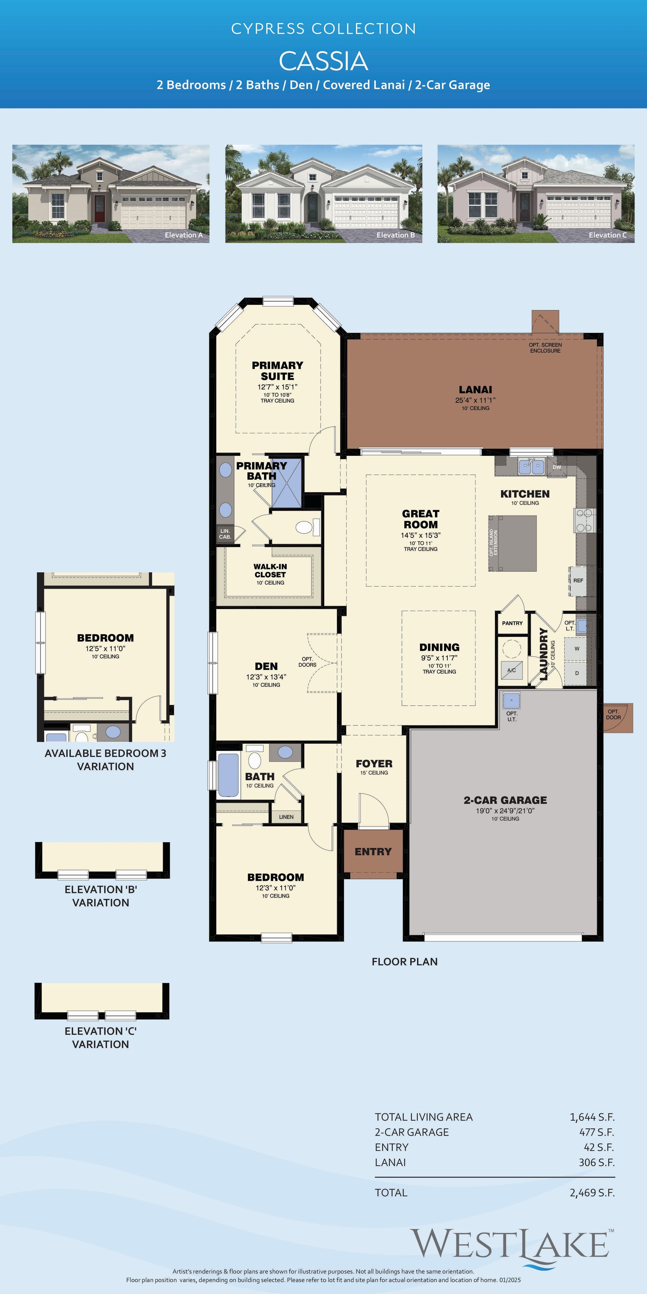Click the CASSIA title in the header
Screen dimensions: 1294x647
323,61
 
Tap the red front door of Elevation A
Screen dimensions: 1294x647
99,209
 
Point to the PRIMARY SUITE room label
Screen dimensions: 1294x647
277,371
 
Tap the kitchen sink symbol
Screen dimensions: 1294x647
531,467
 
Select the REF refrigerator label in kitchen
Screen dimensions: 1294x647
578,580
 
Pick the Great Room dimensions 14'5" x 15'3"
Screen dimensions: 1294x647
421,535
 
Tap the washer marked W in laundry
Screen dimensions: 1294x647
577,648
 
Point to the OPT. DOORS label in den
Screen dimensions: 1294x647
307,662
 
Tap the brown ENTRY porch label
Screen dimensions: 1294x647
373,851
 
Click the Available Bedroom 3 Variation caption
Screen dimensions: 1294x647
105,760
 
